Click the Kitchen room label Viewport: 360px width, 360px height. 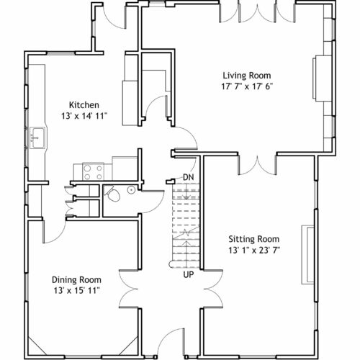point(84,105)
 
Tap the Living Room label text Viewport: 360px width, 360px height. point(247,76)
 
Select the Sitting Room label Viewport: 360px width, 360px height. point(254,239)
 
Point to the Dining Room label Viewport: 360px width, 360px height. point(76,280)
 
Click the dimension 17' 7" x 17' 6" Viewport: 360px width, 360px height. point(247,86)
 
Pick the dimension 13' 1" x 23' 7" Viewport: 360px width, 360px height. point(254,251)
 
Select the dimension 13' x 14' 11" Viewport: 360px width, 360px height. point(84,116)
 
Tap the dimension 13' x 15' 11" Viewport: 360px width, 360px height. point(76,291)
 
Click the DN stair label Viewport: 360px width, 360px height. point(189,177)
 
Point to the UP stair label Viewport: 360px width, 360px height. point(189,274)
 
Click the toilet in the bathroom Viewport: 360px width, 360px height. point(112,194)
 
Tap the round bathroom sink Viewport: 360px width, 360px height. point(131,190)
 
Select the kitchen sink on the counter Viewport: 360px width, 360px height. point(37,138)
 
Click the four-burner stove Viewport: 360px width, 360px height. point(93,171)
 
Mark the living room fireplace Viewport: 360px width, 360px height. point(322,78)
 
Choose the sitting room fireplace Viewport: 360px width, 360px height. point(308,255)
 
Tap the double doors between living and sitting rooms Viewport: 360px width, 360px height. point(258,165)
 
